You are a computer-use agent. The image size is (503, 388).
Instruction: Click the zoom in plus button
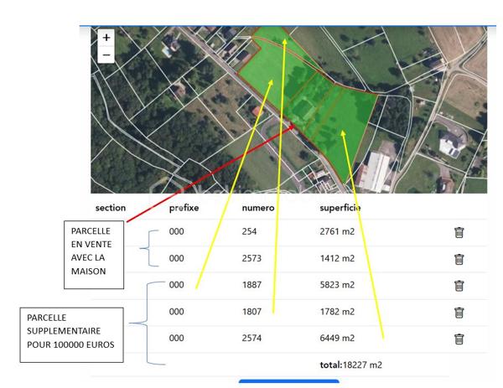click(x=106, y=38)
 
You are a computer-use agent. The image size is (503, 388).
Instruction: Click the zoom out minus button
click(x=106, y=54)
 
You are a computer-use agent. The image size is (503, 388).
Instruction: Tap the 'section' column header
click(x=111, y=208)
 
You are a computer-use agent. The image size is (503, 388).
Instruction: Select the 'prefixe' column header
click(x=184, y=208)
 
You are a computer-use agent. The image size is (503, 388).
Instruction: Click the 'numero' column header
click(x=258, y=208)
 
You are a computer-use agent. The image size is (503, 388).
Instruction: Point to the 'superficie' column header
click(x=340, y=208)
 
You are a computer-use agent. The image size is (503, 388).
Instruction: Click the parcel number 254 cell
click(x=249, y=231)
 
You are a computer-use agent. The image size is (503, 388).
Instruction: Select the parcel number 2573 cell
click(x=251, y=258)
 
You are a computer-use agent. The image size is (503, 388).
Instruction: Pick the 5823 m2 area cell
click(x=337, y=285)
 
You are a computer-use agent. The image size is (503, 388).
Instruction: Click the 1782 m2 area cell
click(x=337, y=312)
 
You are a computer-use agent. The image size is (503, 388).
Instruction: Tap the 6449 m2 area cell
click(x=337, y=338)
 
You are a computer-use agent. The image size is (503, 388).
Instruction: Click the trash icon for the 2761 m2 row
click(x=459, y=232)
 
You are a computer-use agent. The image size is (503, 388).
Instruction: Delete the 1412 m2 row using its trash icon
click(x=459, y=259)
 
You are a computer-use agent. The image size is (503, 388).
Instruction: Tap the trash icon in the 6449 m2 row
click(x=459, y=339)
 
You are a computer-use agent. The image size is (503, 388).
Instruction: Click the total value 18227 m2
click(x=362, y=365)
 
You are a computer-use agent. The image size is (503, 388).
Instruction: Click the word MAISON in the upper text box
click(x=88, y=272)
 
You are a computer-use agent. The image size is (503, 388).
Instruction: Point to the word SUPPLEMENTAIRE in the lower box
click(x=64, y=331)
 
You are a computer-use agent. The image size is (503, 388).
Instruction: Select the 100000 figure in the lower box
click(x=67, y=344)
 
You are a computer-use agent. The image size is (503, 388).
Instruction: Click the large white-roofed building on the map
click(x=376, y=172)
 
